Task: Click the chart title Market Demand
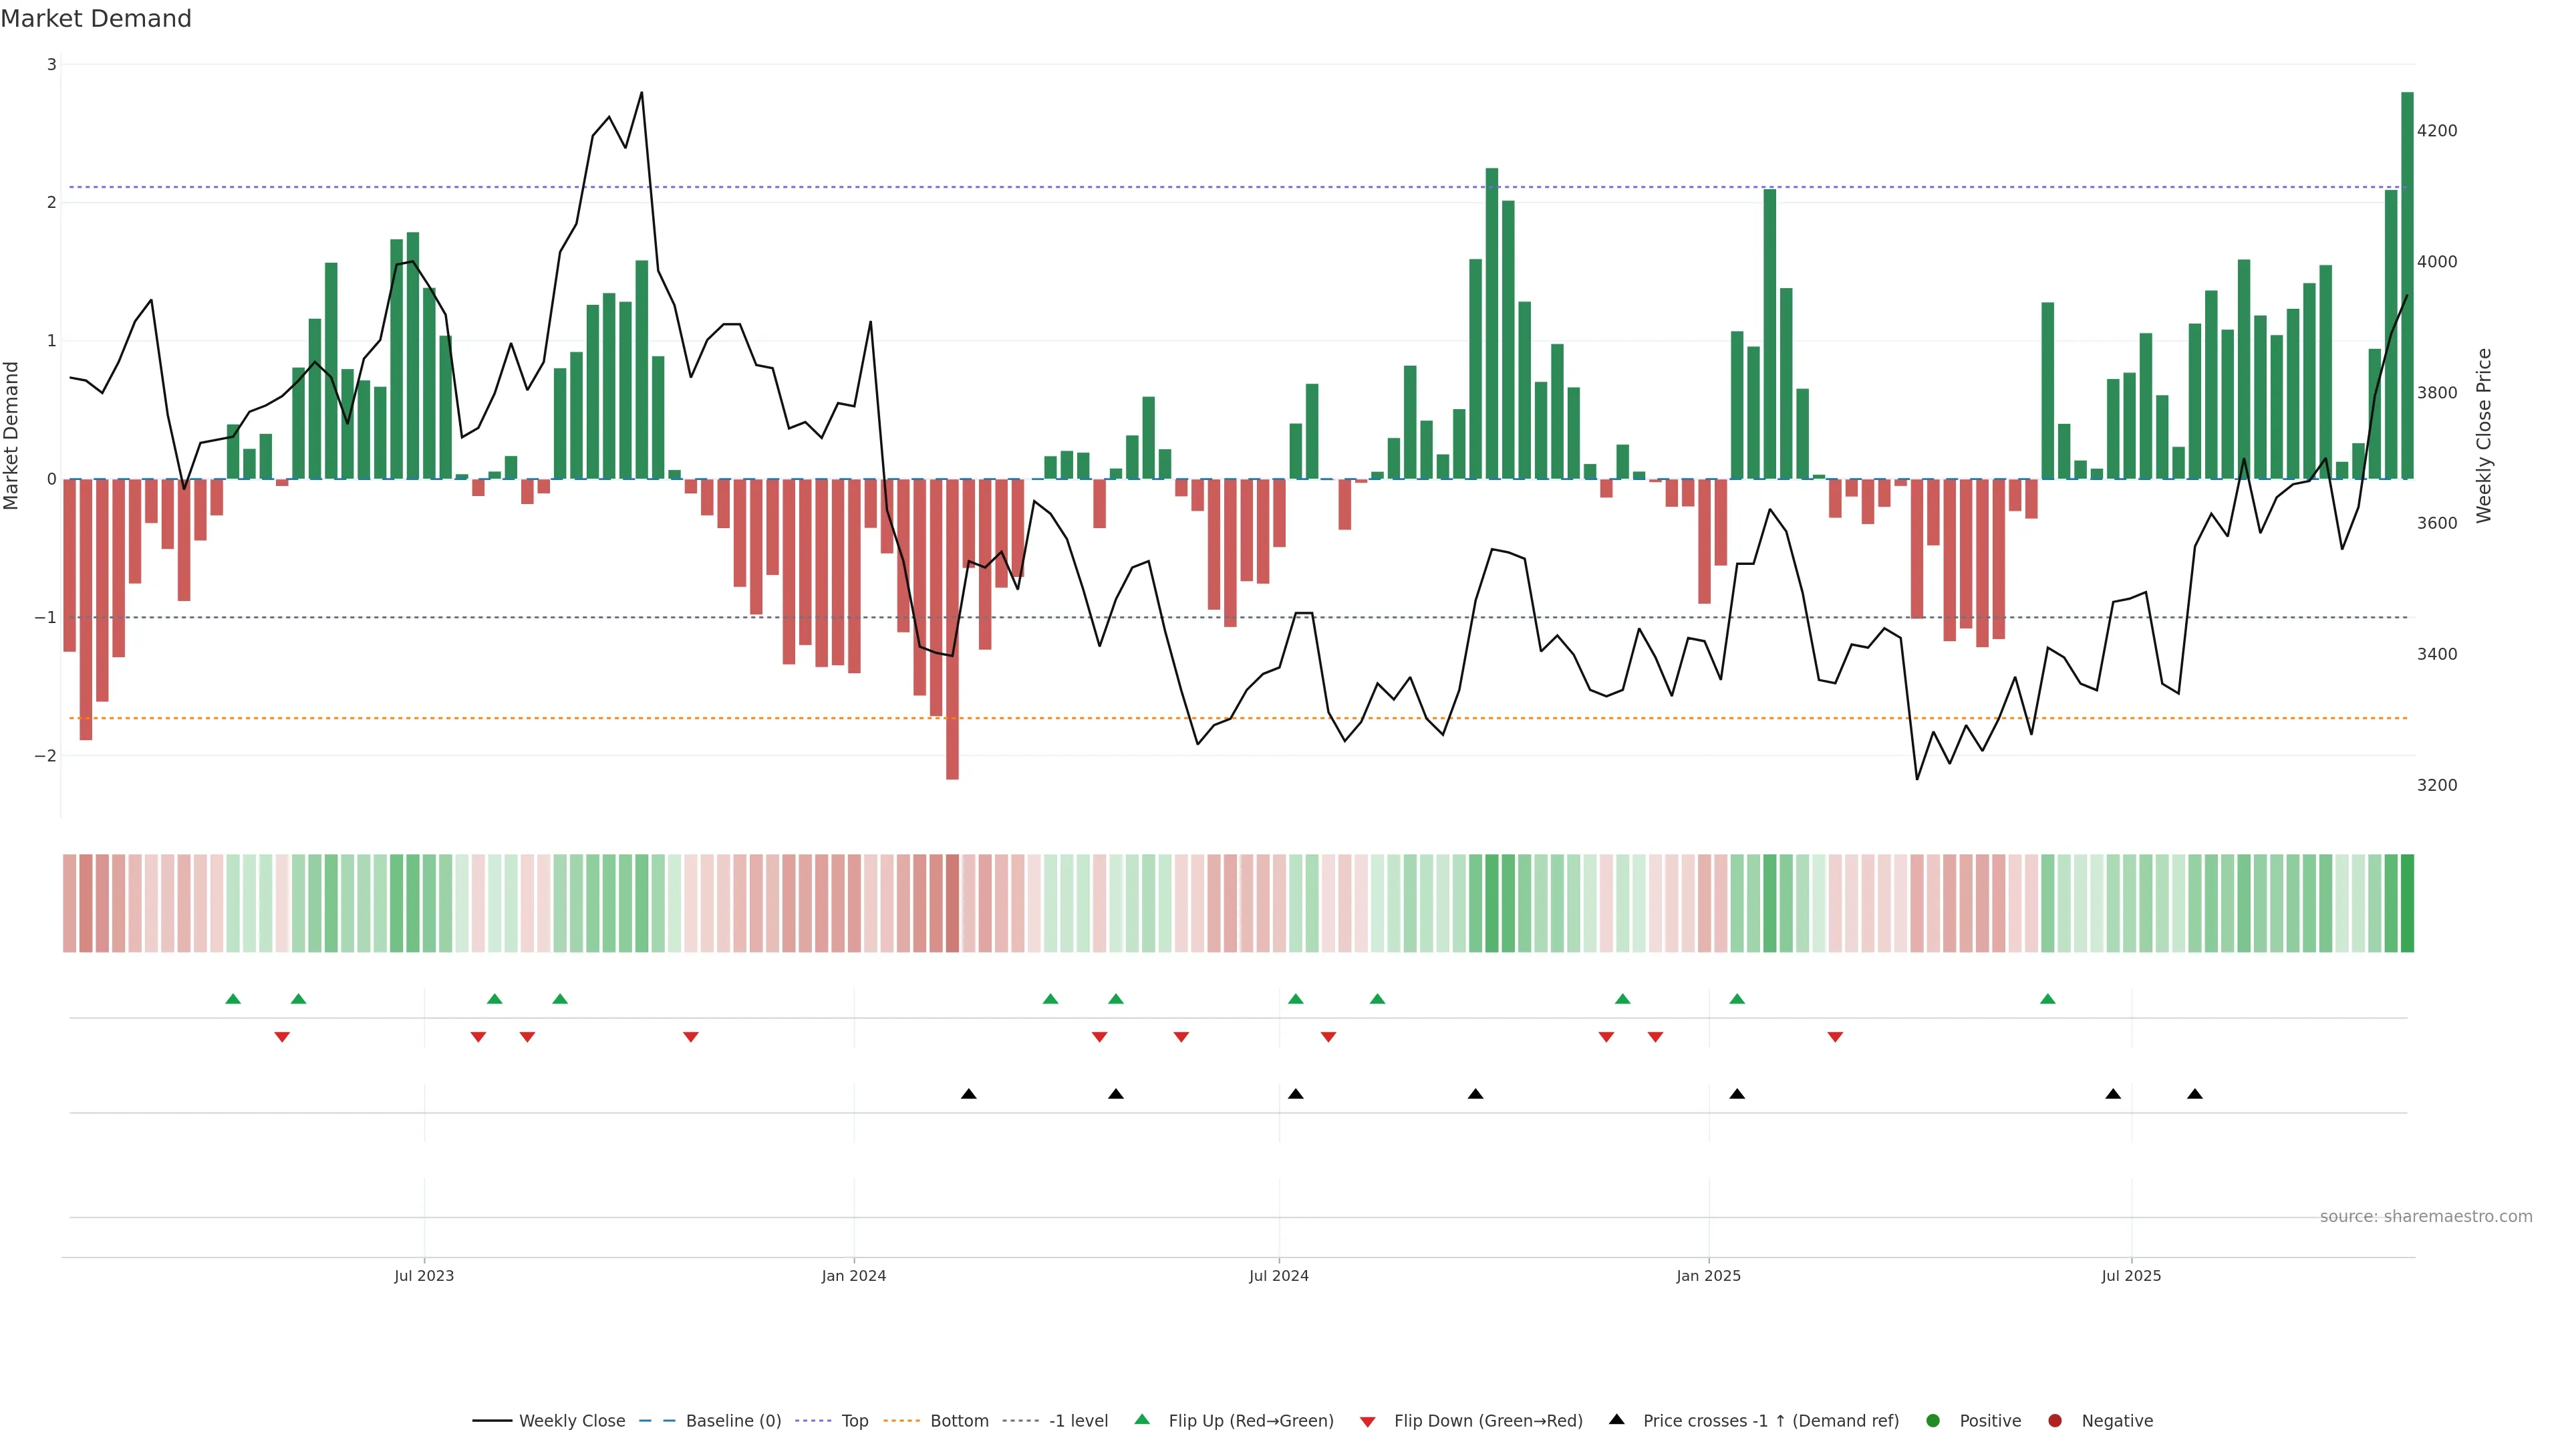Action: [x=96, y=19]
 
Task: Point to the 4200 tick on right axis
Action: [x=2436, y=130]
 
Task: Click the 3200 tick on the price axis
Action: [x=2436, y=786]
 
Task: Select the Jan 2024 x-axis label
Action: [x=854, y=1276]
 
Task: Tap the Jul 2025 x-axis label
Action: [x=2131, y=1276]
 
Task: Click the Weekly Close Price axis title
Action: [x=2483, y=435]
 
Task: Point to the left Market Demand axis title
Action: [x=11, y=435]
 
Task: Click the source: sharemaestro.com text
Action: [x=2426, y=1217]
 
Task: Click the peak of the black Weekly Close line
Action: [x=641, y=93]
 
